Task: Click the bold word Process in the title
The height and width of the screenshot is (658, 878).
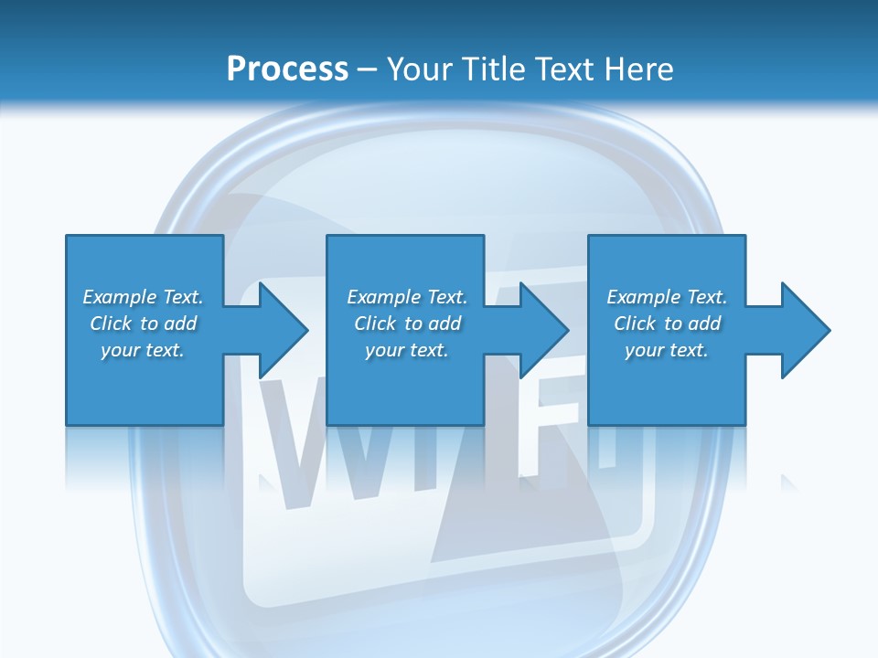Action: (x=287, y=69)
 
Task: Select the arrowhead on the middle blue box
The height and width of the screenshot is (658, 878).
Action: (x=543, y=330)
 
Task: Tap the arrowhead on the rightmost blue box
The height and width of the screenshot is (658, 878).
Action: (x=805, y=330)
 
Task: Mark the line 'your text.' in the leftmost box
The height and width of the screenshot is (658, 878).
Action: (x=143, y=350)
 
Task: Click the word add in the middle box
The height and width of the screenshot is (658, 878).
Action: (x=444, y=324)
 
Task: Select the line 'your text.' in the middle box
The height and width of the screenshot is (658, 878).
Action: (x=406, y=350)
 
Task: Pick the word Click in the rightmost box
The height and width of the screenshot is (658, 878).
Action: (x=635, y=324)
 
